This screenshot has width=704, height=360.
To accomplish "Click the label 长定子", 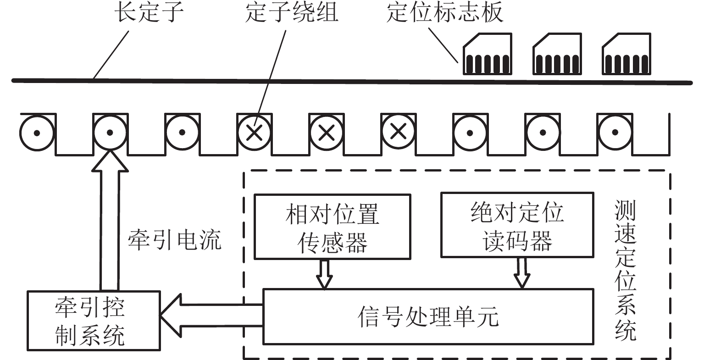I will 149,12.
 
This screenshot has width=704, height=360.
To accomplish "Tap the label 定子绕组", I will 292,12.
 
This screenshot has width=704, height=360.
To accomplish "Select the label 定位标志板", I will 445,12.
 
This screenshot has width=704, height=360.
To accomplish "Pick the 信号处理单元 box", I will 427,316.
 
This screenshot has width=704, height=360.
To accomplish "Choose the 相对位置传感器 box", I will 332,226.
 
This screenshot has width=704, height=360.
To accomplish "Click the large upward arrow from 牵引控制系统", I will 110,220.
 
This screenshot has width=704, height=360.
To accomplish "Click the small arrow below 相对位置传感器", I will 324,274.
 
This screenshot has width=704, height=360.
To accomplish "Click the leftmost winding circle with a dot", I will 38,133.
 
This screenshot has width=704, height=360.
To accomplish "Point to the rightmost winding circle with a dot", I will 615,133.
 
